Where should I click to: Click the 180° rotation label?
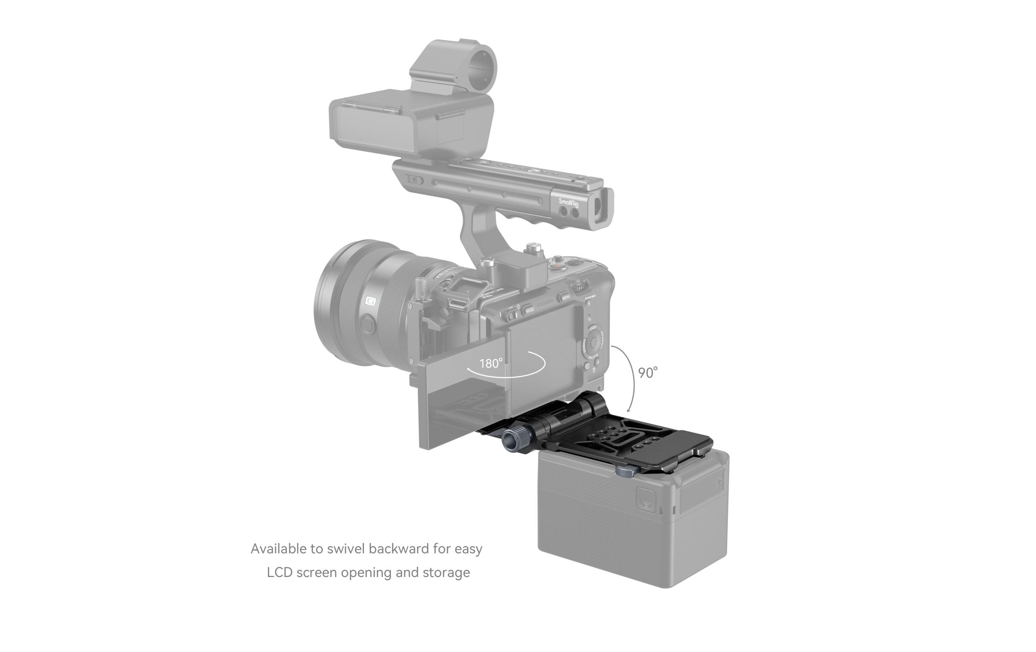click(490, 364)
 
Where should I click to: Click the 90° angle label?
click(647, 373)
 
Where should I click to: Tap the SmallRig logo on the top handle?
click(569, 203)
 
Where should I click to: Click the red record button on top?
click(558, 267)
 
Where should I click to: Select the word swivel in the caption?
click(346, 549)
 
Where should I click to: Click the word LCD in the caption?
click(280, 573)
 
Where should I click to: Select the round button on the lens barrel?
click(367, 324)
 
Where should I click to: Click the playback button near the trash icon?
click(587, 366)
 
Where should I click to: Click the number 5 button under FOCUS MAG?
click(589, 304)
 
